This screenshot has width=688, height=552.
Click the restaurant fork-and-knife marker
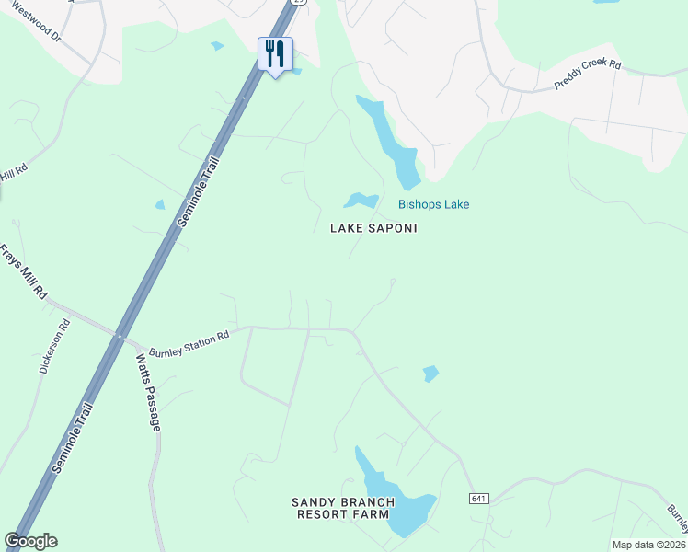click(x=274, y=54)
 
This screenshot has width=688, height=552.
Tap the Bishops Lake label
click(x=433, y=204)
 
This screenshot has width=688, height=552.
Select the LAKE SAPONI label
click(x=373, y=228)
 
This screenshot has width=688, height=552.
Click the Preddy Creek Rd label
click(x=588, y=75)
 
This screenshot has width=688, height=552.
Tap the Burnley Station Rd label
click(x=189, y=340)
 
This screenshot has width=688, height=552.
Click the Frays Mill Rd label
click(x=23, y=271)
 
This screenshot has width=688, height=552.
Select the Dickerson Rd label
click(x=54, y=346)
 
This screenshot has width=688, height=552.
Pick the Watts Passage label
click(x=148, y=393)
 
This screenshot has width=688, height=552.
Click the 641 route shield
click(x=476, y=499)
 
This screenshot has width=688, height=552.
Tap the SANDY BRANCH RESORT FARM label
click(x=343, y=508)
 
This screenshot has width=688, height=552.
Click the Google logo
click(x=30, y=541)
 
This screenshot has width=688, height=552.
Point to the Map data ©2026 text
click(x=648, y=545)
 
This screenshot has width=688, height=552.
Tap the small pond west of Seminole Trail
click(x=160, y=204)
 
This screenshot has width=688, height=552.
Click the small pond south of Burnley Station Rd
click(x=430, y=374)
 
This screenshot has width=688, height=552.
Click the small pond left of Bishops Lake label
click(x=361, y=200)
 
